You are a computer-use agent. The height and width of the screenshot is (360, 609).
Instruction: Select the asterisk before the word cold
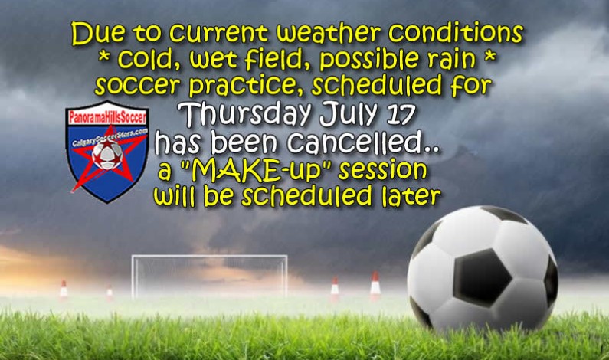click(x=103, y=60)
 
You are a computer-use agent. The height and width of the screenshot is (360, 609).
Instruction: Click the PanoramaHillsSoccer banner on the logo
click(x=107, y=118)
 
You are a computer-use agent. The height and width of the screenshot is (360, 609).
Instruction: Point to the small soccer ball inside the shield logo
click(x=106, y=155)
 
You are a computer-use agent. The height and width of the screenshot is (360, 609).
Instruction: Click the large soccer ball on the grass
click(x=482, y=268)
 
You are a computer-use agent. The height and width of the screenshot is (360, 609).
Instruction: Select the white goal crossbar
click(x=209, y=257)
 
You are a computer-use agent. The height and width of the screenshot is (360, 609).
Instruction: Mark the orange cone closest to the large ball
click(x=375, y=286)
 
